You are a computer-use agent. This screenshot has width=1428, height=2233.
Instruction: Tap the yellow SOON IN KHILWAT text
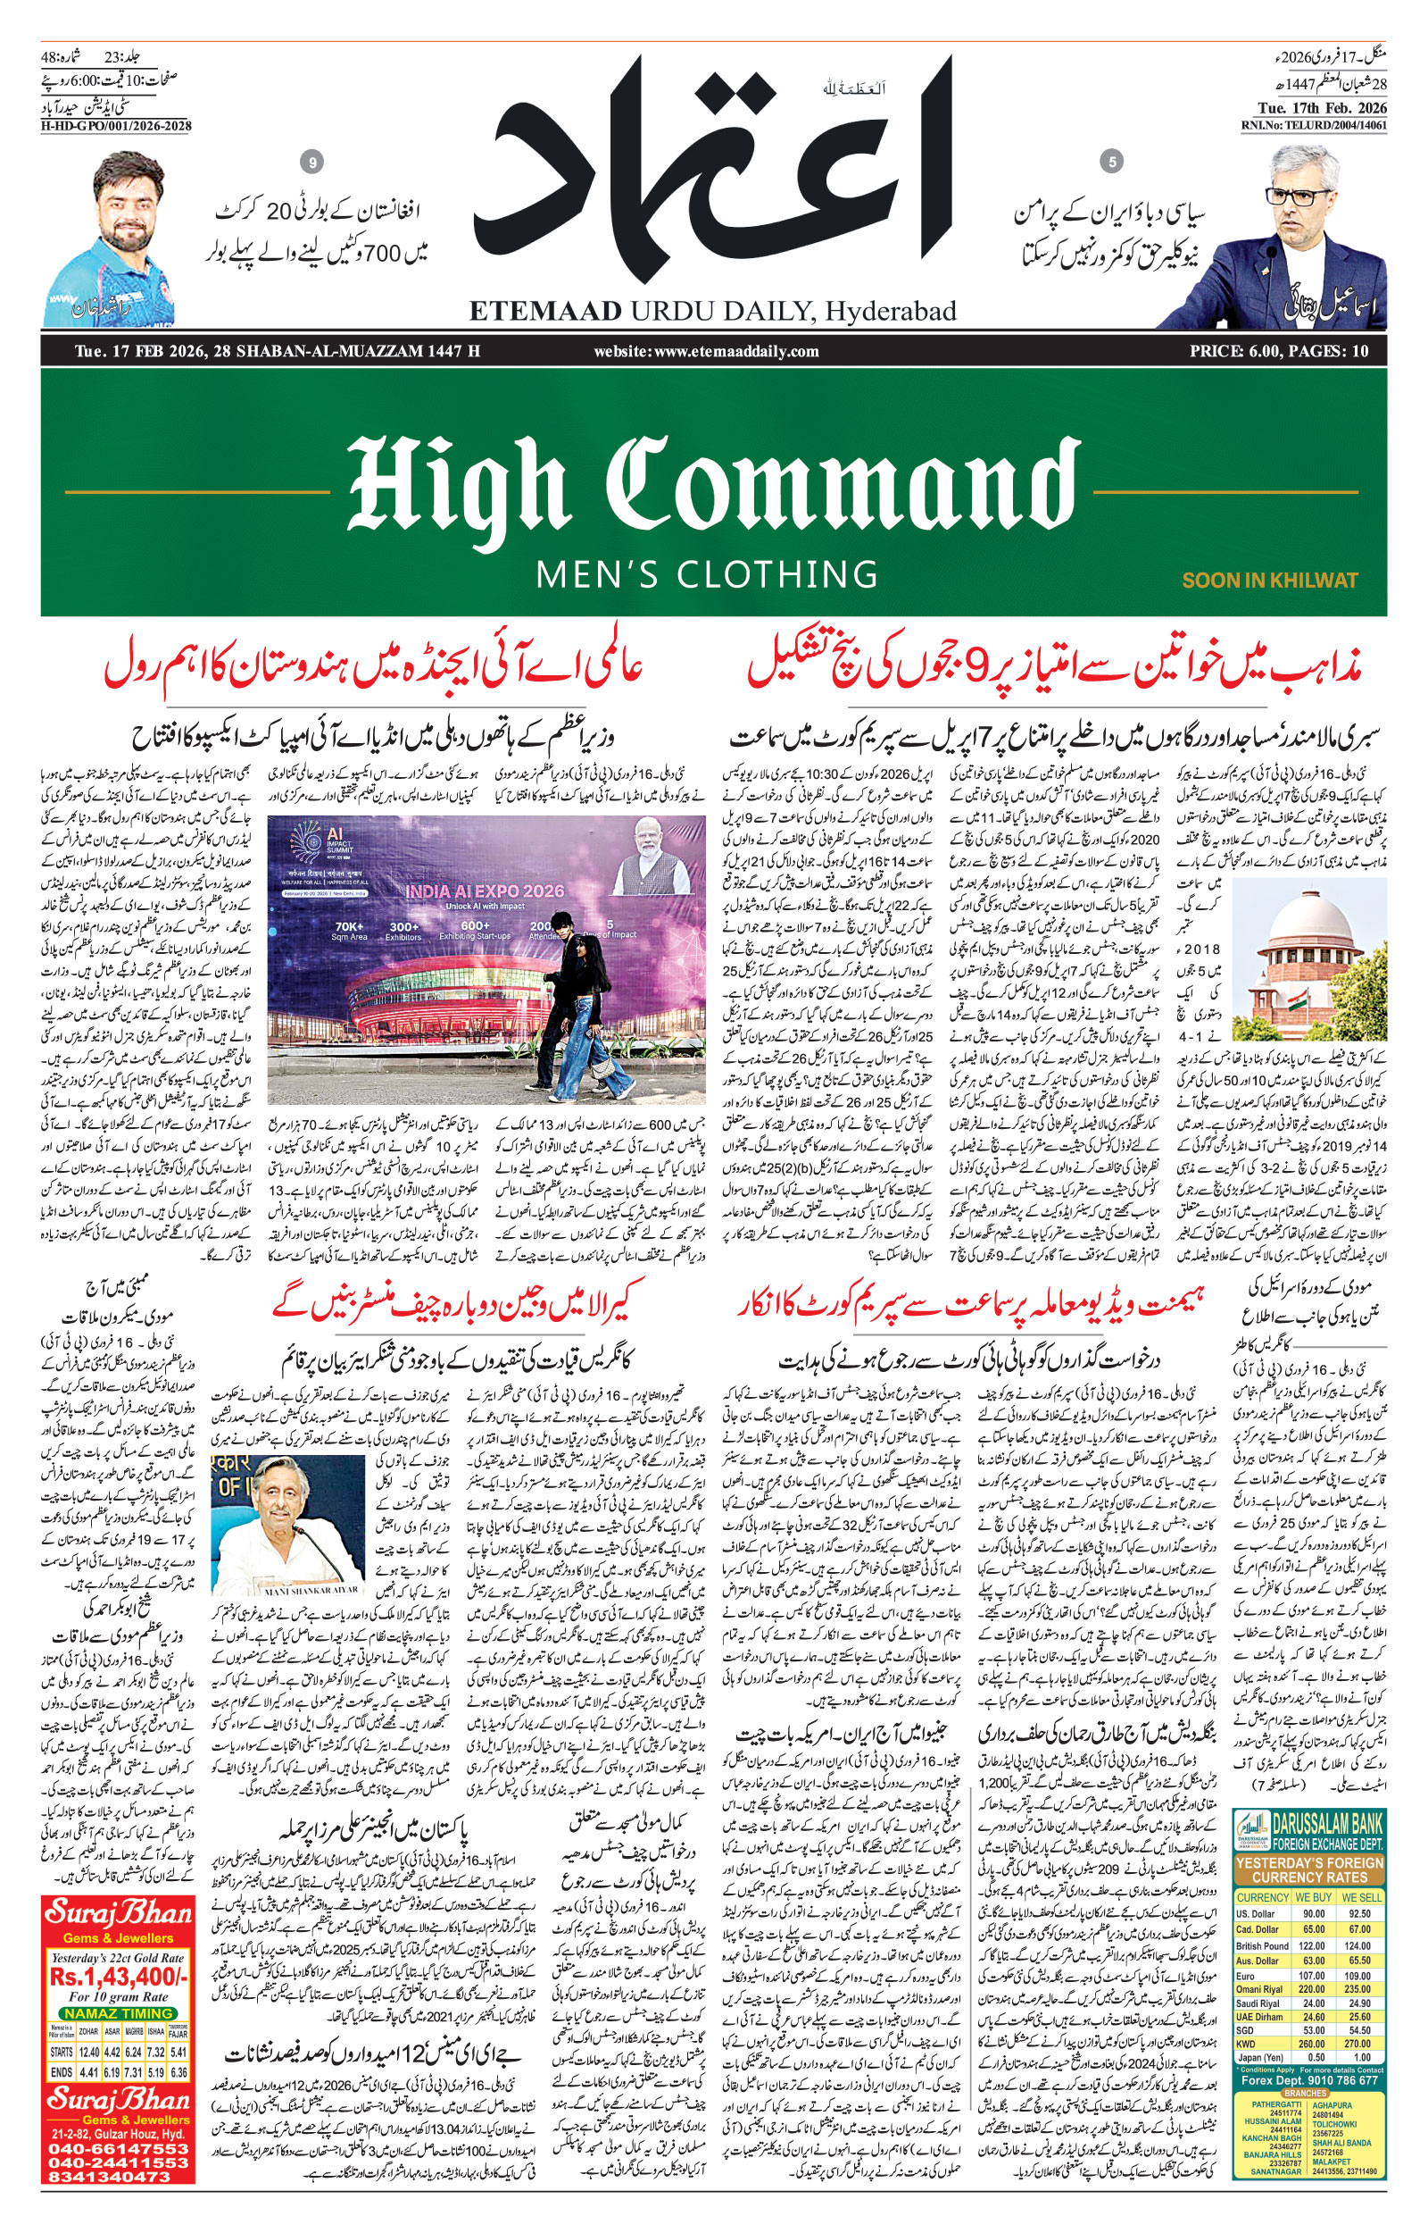[x=1269, y=581]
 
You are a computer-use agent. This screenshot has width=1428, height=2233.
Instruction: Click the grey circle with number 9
[x=312, y=163]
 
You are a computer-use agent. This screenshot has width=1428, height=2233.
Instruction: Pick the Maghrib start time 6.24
[x=134, y=2052]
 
